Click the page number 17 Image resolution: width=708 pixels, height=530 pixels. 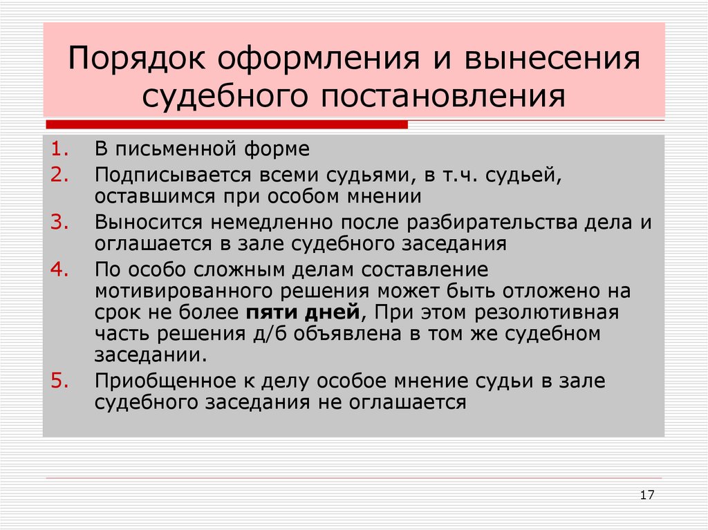(x=647, y=495)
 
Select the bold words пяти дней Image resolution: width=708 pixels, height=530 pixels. (x=303, y=312)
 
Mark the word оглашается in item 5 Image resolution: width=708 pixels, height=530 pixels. (x=403, y=402)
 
